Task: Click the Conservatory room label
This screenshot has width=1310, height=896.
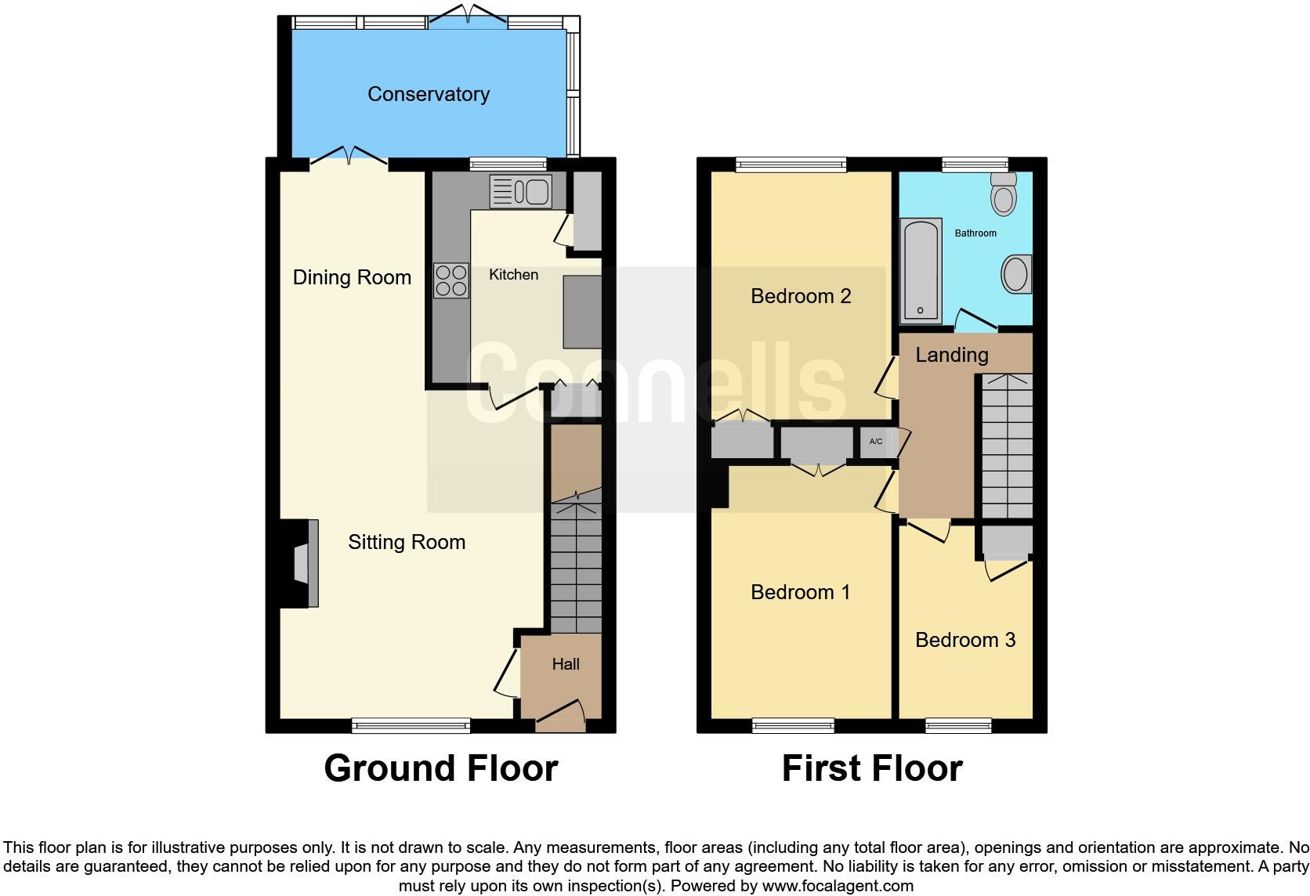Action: point(428,94)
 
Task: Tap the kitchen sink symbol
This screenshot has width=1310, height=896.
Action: point(521,192)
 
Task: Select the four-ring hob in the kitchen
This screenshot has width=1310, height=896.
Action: point(451,280)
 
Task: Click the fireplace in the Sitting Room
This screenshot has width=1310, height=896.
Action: point(302,563)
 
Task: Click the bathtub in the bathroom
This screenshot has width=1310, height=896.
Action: point(921,271)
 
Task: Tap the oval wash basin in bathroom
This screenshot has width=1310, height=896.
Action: point(1016,274)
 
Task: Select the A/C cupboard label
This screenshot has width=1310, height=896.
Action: point(876,442)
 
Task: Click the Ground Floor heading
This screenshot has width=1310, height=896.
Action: point(440,768)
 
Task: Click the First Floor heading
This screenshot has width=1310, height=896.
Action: point(871,768)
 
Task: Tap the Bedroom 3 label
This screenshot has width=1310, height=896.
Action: point(964,640)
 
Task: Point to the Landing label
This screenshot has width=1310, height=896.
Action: point(951,355)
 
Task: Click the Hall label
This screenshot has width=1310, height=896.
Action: point(565,664)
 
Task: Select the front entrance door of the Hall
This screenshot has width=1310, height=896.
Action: point(560,715)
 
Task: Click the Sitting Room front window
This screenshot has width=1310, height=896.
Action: point(411,726)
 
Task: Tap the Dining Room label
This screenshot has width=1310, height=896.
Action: point(352,277)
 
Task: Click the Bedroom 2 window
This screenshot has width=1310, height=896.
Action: point(791,164)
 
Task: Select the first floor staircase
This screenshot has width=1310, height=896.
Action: point(1007,446)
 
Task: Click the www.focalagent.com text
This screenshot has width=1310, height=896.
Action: point(838,887)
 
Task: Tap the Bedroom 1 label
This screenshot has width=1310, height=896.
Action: point(800,592)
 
